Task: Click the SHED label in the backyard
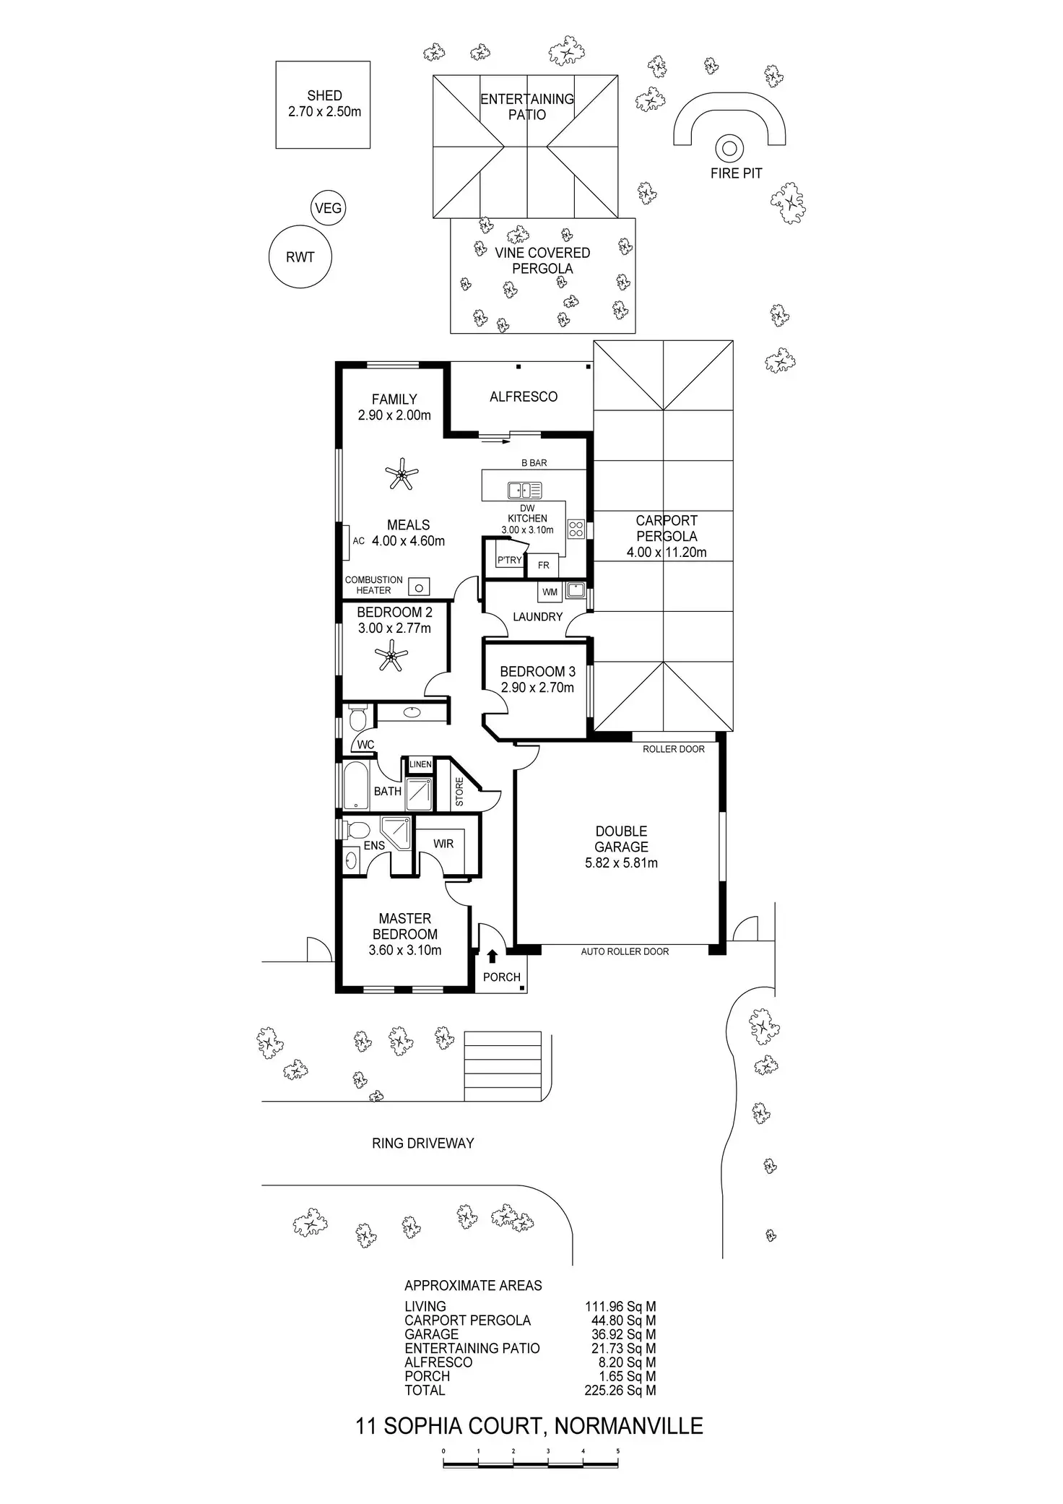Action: click(x=324, y=95)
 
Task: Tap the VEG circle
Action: click(x=328, y=209)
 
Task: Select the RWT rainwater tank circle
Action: click(x=300, y=257)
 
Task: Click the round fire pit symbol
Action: click(x=729, y=149)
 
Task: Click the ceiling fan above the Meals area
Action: click(x=401, y=474)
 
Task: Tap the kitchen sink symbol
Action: click(x=525, y=490)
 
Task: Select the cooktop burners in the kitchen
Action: click(x=576, y=529)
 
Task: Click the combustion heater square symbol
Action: click(x=419, y=587)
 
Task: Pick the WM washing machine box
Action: click(x=550, y=592)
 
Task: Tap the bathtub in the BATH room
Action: click(x=355, y=785)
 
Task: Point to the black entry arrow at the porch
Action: click(x=493, y=956)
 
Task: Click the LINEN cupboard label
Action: click(x=420, y=764)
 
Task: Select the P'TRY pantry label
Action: click(x=509, y=560)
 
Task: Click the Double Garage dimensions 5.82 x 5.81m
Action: click(x=621, y=863)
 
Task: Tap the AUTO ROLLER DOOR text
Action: click(x=625, y=951)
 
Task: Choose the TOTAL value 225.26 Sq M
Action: click(x=620, y=1390)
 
